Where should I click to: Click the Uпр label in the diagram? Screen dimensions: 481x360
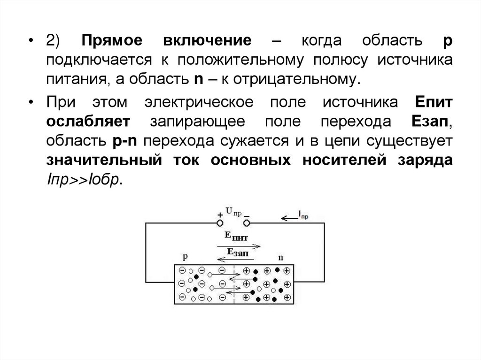(x=233, y=212)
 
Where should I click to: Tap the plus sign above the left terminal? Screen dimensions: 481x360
(x=219, y=215)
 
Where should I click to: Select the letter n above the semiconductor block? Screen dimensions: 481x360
(x=281, y=257)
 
